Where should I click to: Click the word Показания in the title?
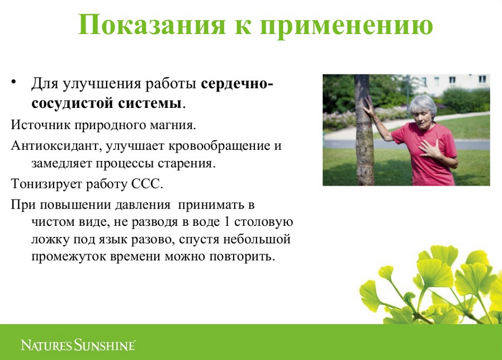click(152, 25)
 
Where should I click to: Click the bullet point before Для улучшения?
click(13, 82)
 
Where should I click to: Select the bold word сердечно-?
click(237, 84)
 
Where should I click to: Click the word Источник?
click(41, 125)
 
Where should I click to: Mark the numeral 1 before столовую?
click(228, 221)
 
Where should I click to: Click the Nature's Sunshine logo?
click(78, 345)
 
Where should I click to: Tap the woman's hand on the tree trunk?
click(368, 108)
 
